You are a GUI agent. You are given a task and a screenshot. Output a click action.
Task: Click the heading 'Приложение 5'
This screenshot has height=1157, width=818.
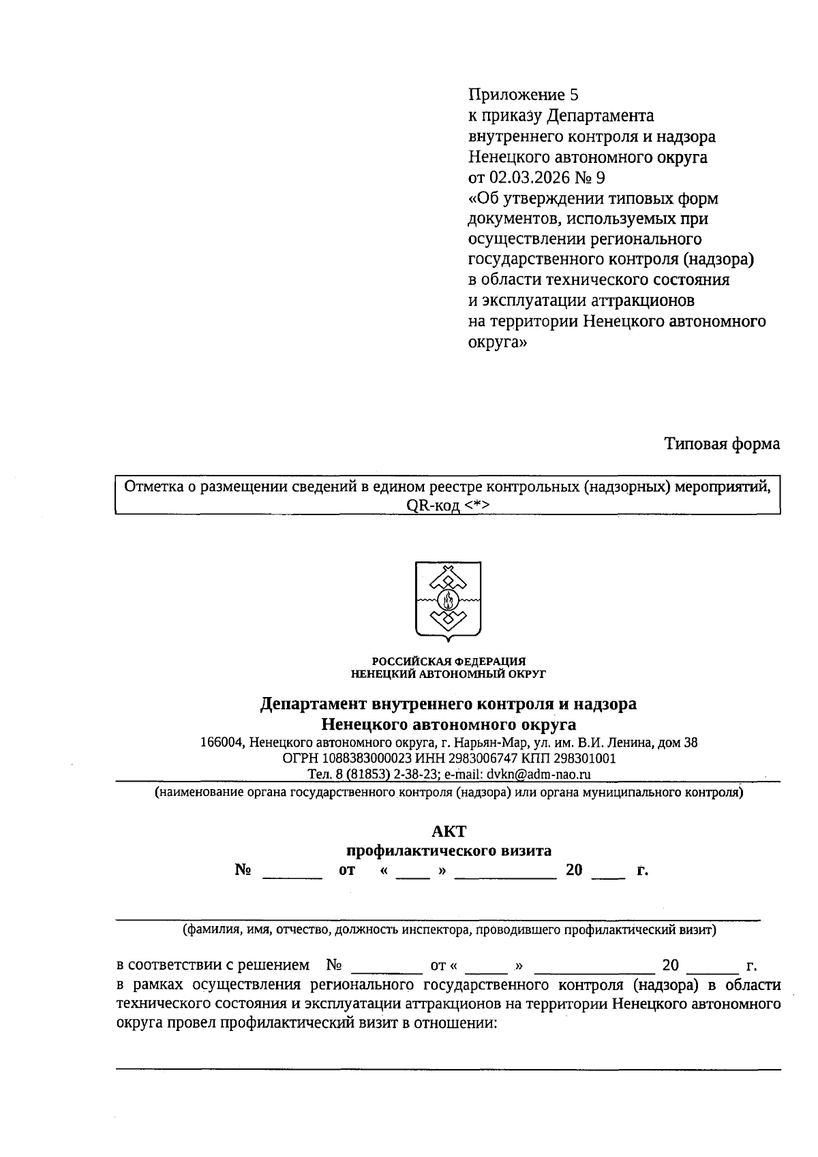pos(523,95)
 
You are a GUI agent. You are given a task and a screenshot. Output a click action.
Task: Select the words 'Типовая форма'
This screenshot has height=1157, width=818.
pos(722,444)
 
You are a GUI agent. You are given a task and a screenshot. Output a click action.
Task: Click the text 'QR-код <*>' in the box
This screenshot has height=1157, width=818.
pos(448,505)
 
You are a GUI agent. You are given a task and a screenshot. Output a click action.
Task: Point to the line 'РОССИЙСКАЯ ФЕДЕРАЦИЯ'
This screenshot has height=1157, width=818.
pos(448,661)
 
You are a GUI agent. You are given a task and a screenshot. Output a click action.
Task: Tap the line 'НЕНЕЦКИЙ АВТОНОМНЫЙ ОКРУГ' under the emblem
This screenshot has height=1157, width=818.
pos(448,674)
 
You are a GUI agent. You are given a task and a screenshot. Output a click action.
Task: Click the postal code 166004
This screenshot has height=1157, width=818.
pos(222,743)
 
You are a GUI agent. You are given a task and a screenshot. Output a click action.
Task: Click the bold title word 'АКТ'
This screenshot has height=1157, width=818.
pos(449,831)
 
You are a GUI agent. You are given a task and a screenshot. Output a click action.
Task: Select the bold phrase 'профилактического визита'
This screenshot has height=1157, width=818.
pos(449,850)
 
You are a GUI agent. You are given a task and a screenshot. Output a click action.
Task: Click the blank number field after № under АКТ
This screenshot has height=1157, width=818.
pos(292,872)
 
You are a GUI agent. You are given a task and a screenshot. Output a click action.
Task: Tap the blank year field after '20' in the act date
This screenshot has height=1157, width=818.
pos(607,872)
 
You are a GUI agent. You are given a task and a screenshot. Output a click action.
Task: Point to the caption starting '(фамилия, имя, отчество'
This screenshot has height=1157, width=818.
pos(449,929)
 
